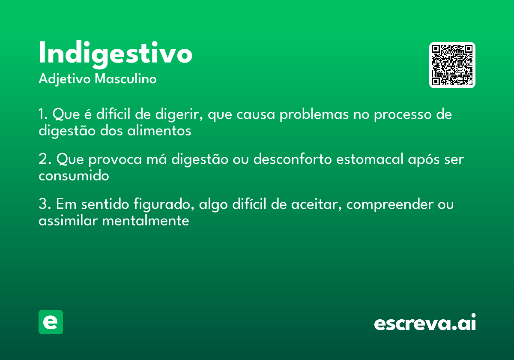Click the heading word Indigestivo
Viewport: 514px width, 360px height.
coord(115,54)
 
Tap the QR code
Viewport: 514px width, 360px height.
coord(452,65)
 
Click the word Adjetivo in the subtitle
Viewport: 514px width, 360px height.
coord(64,79)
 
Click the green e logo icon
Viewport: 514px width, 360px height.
coord(51,322)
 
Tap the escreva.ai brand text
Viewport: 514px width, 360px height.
coord(425,323)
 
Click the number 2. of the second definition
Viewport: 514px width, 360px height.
coord(45,159)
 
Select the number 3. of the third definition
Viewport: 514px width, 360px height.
coord(45,204)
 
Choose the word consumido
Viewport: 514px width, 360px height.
coord(74,176)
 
